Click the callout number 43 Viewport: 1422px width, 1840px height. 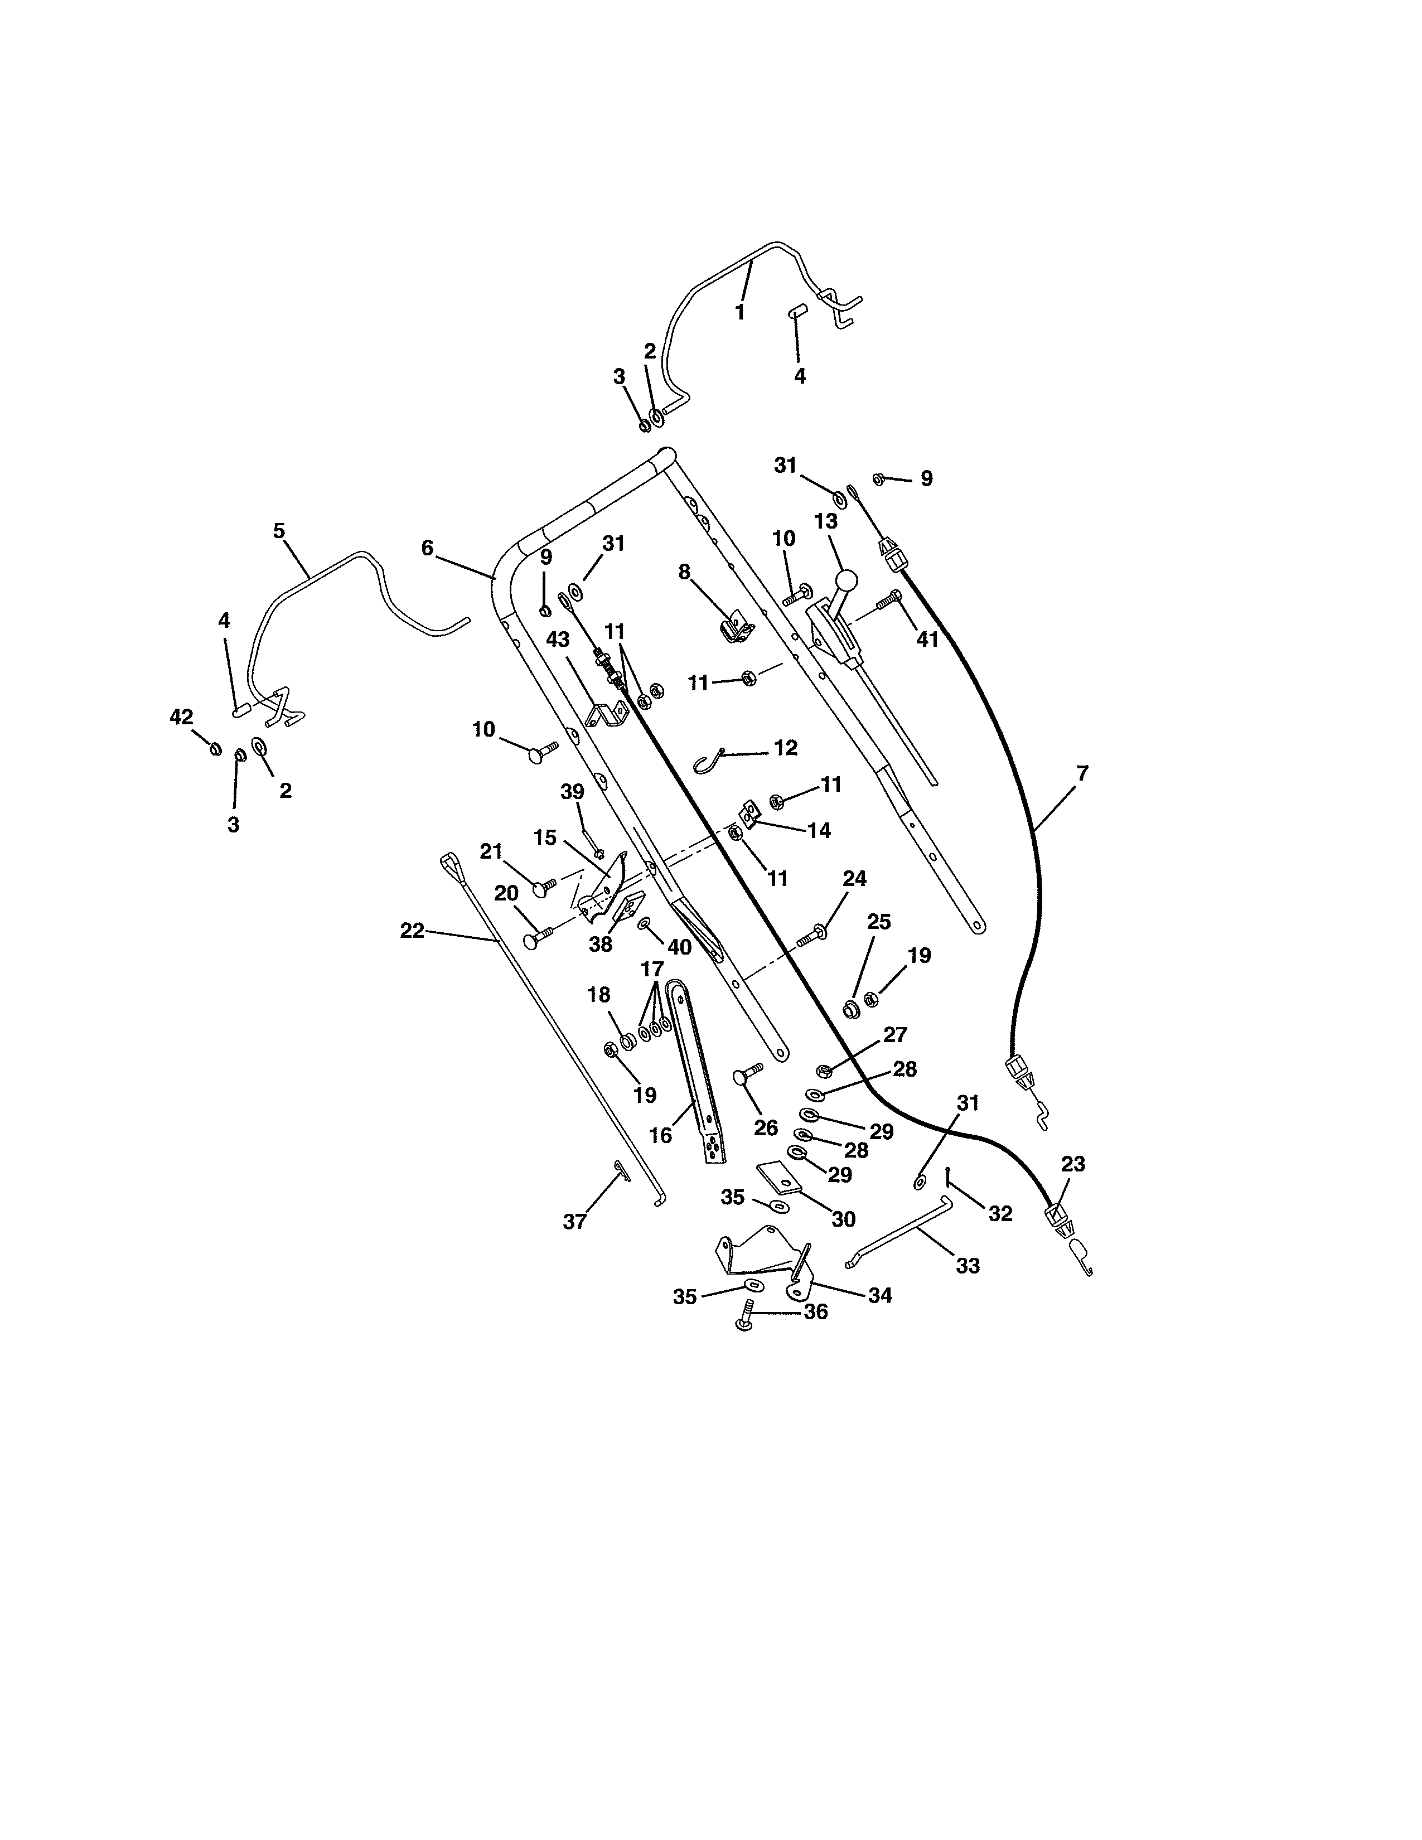[x=558, y=640]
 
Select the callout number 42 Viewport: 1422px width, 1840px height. [x=181, y=717]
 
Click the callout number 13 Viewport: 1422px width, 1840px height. [x=825, y=521]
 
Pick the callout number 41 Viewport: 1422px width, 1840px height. [x=927, y=640]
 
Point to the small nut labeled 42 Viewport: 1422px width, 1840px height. [x=214, y=748]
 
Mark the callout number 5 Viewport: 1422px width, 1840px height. [x=279, y=531]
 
